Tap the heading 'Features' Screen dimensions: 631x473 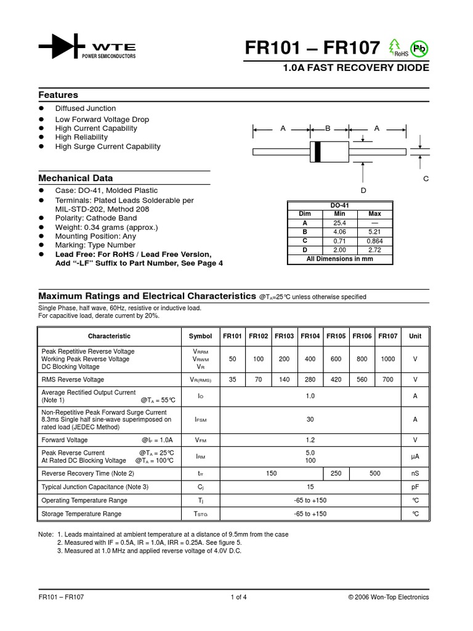pos(59,95)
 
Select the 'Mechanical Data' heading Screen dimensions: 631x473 pos(76,178)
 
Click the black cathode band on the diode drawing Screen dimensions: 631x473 pos(317,152)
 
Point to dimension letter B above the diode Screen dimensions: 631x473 pos(328,128)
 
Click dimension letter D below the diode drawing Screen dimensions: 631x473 pos(363,190)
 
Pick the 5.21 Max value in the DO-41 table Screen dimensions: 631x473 pos(374,232)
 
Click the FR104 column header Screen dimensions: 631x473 pos(310,336)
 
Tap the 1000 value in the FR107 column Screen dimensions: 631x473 pos(387,358)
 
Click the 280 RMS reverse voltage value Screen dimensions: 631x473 pos(310,380)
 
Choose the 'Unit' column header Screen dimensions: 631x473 pos(415,336)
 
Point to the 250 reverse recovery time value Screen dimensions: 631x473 pos(336,473)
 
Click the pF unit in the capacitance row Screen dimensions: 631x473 pos(415,487)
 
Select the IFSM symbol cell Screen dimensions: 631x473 pos(200,420)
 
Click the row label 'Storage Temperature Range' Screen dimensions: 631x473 pos(81,513)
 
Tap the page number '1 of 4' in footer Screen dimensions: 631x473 pos(238,596)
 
